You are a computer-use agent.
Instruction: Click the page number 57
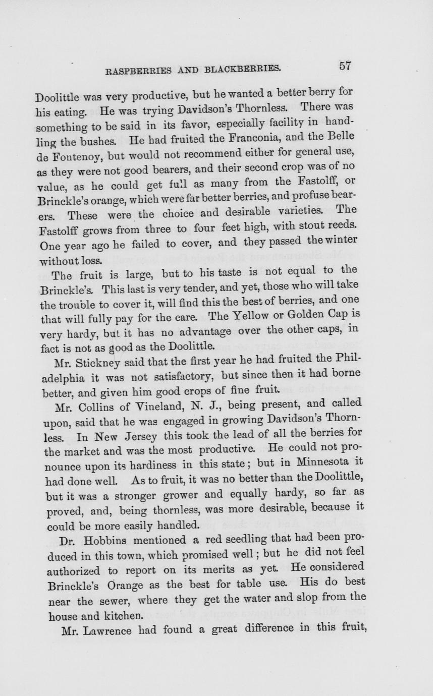345,66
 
